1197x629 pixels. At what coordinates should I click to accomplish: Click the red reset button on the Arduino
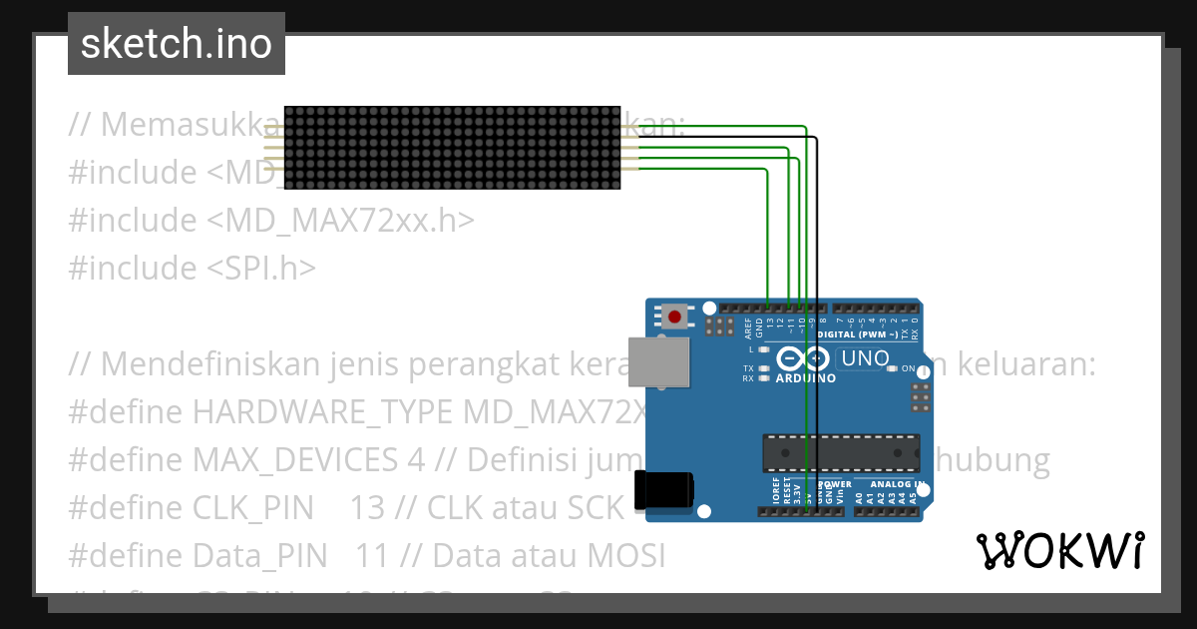pyautogui.click(x=675, y=317)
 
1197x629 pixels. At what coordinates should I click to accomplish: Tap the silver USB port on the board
pyautogui.click(x=658, y=360)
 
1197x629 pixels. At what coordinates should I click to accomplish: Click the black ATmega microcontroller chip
pyautogui.click(x=841, y=452)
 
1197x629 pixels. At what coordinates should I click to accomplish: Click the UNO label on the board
pyautogui.click(x=865, y=358)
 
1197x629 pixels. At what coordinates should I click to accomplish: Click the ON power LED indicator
pyautogui.click(x=892, y=369)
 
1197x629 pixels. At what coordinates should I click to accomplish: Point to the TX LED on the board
pyautogui.click(x=764, y=368)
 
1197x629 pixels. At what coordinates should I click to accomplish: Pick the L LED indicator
pyautogui.click(x=764, y=350)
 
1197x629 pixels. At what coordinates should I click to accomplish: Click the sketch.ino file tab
pyautogui.click(x=177, y=44)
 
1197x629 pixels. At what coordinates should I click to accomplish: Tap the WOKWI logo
pyautogui.click(x=1059, y=550)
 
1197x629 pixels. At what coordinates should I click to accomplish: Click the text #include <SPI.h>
pyautogui.click(x=193, y=268)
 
